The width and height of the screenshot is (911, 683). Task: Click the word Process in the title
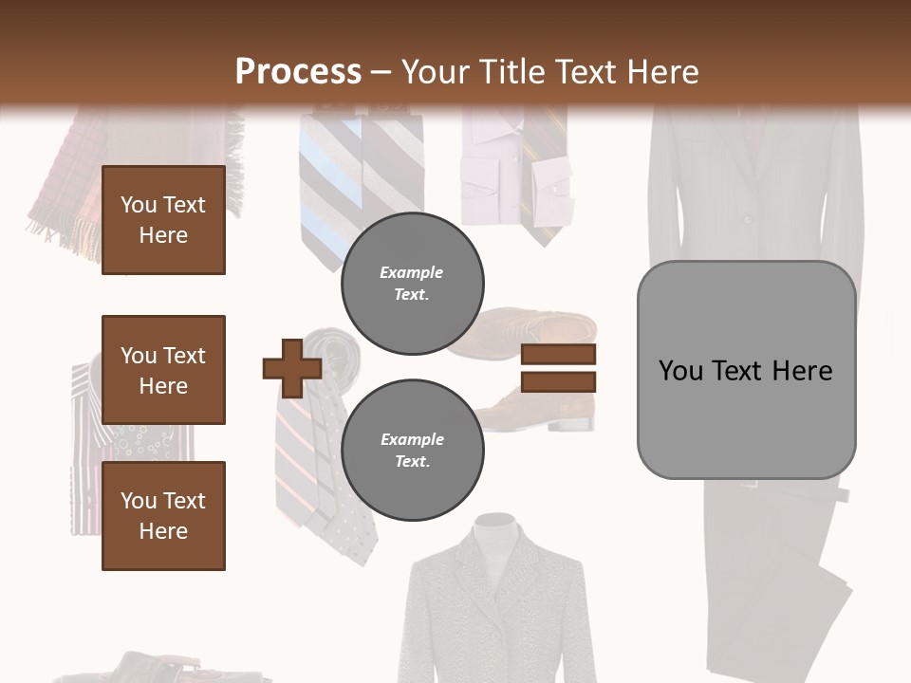point(298,72)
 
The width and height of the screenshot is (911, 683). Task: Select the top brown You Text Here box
point(163,220)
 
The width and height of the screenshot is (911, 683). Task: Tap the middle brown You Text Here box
point(163,370)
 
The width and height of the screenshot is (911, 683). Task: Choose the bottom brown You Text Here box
point(163,516)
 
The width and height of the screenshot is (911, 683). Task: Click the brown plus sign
point(292,367)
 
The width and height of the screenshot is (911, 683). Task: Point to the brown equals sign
point(558,368)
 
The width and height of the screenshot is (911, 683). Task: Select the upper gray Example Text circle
point(412,284)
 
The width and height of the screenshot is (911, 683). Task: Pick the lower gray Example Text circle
point(412,451)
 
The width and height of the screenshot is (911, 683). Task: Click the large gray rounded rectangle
point(746,313)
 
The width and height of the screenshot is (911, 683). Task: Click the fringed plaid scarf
point(66,190)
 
